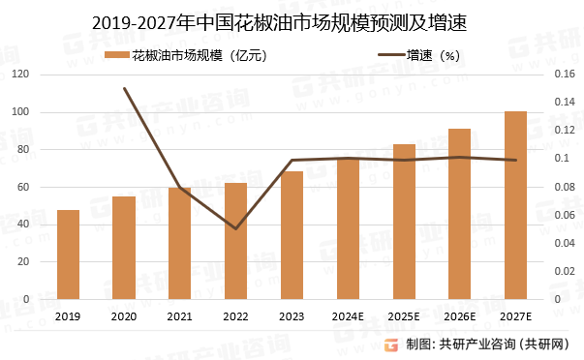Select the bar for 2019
pyautogui.click(x=68, y=255)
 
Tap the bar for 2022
pyautogui.click(x=236, y=241)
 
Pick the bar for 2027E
pyautogui.click(x=516, y=205)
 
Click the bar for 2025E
pyautogui.click(x=404, y=222)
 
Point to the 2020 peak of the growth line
pyautogui.click(x=124, y=88)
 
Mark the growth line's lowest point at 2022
pyautogui.click(x=236, y=229)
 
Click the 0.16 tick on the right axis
pyautogui.click(x=563, y=75)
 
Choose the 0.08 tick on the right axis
pyautogui.click(x=563, y=187)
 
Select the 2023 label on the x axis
pyautogui.click(x=292, y=316)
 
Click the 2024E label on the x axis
pyautogui.click(x=348, y=316)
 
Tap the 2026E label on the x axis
pyautogui.click(x=460, y=316)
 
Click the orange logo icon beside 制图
pyautogui.click(x=390, y=344)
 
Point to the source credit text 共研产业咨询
pyautogui.click(x=478, y=344)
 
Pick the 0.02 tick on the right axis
pyautogui.click(x=563, y=271)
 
